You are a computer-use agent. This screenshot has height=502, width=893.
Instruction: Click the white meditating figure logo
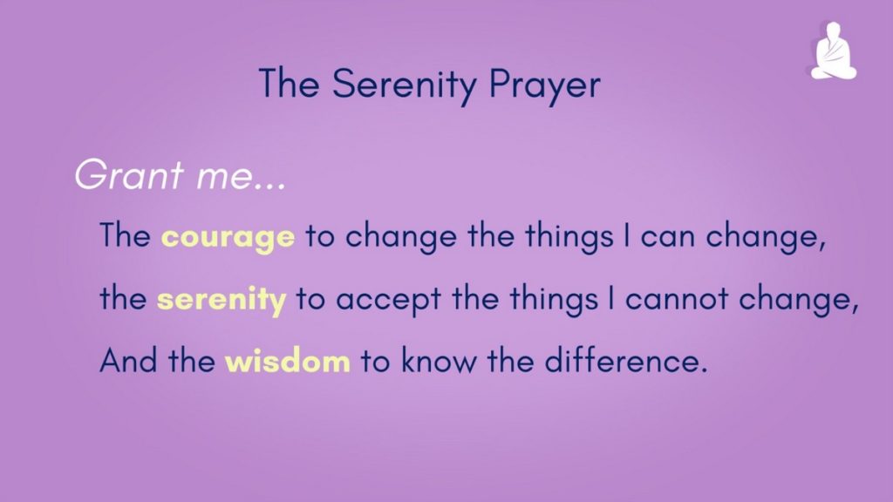[x=834, y=51]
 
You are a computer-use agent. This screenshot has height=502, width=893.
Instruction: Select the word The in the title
[x=289, y=83]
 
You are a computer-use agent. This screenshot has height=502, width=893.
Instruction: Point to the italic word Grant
[x=129, y=174]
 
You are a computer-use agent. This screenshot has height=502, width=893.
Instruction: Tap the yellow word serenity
[x=221, y=300]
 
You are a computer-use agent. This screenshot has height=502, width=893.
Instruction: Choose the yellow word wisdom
[x=288, y=360]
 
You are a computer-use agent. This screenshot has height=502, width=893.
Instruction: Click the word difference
[x=626, y=360]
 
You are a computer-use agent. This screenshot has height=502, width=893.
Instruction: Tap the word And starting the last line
[x=128, y=360]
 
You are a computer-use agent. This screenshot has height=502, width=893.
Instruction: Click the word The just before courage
[x=125, y=234]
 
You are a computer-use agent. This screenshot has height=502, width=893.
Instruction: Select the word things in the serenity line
[x=554, y=300]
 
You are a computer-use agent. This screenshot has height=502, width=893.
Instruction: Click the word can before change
[x=667, y=238]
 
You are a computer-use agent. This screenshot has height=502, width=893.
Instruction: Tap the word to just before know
[x=375, y=361]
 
